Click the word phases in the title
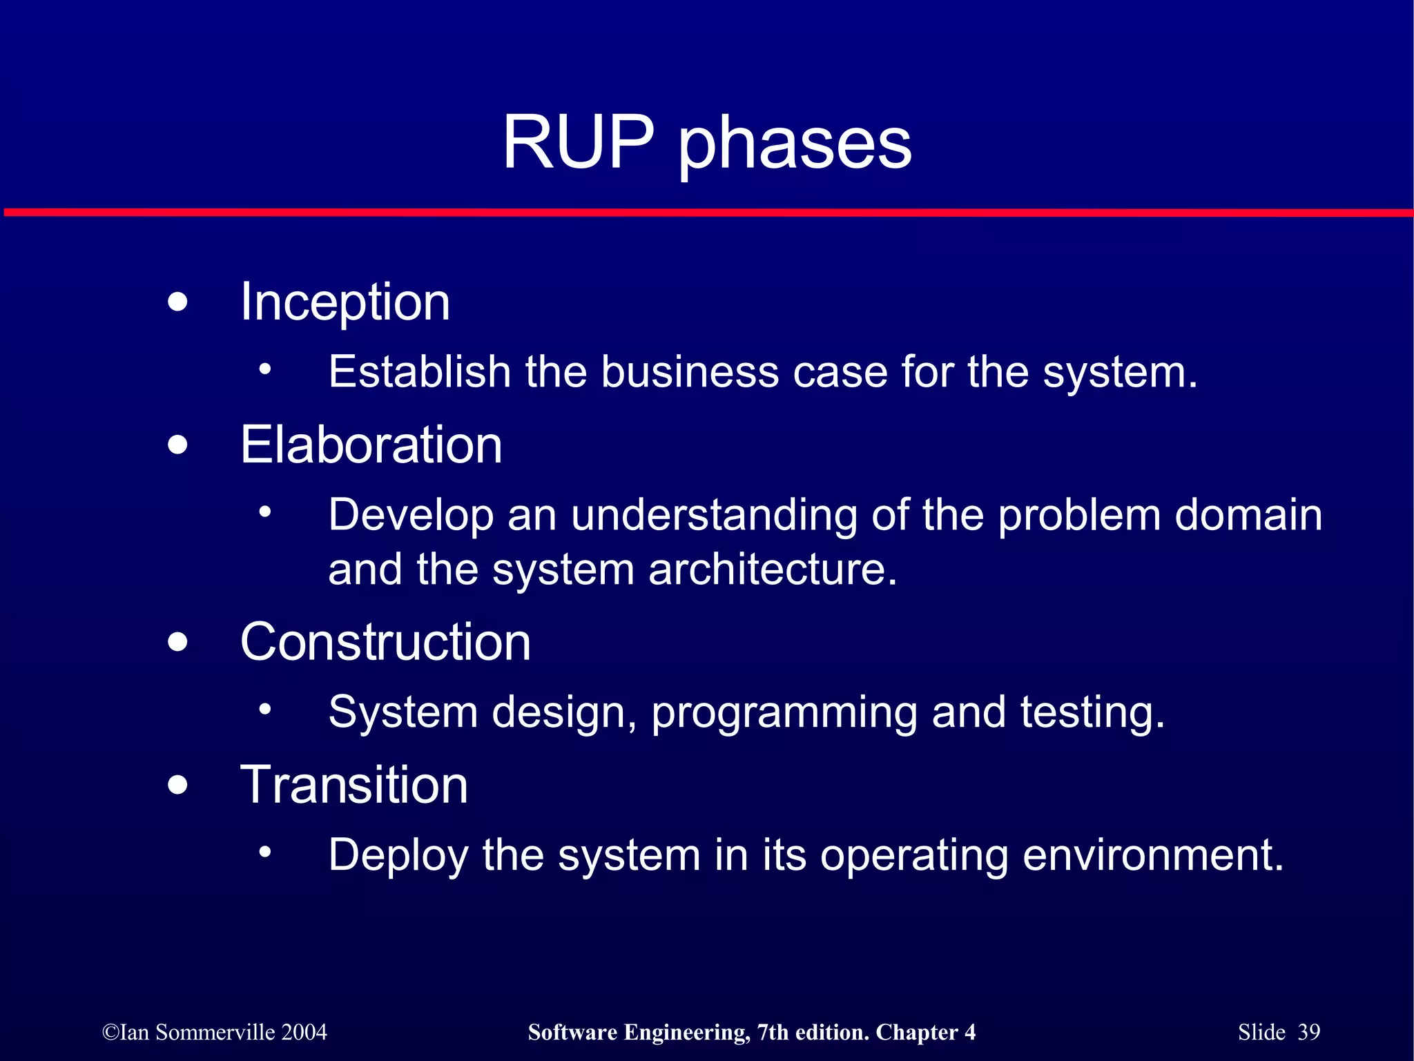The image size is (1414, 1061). click(795, 145)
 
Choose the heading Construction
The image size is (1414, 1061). click(385, 641)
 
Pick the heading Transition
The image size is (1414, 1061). click(354, 785)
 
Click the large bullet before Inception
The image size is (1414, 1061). click(177, 302)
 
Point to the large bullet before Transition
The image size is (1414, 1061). click(177, 785)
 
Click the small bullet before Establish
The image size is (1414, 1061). click(265, 369)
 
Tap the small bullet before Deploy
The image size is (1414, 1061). click(265, 852)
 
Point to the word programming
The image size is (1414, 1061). click(784, 714)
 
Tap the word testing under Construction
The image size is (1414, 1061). click(1092, 712)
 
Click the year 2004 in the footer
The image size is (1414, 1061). click(304, 1032)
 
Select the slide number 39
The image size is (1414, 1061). click(1308, 1032)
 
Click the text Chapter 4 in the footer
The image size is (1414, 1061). click(925, 1032)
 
